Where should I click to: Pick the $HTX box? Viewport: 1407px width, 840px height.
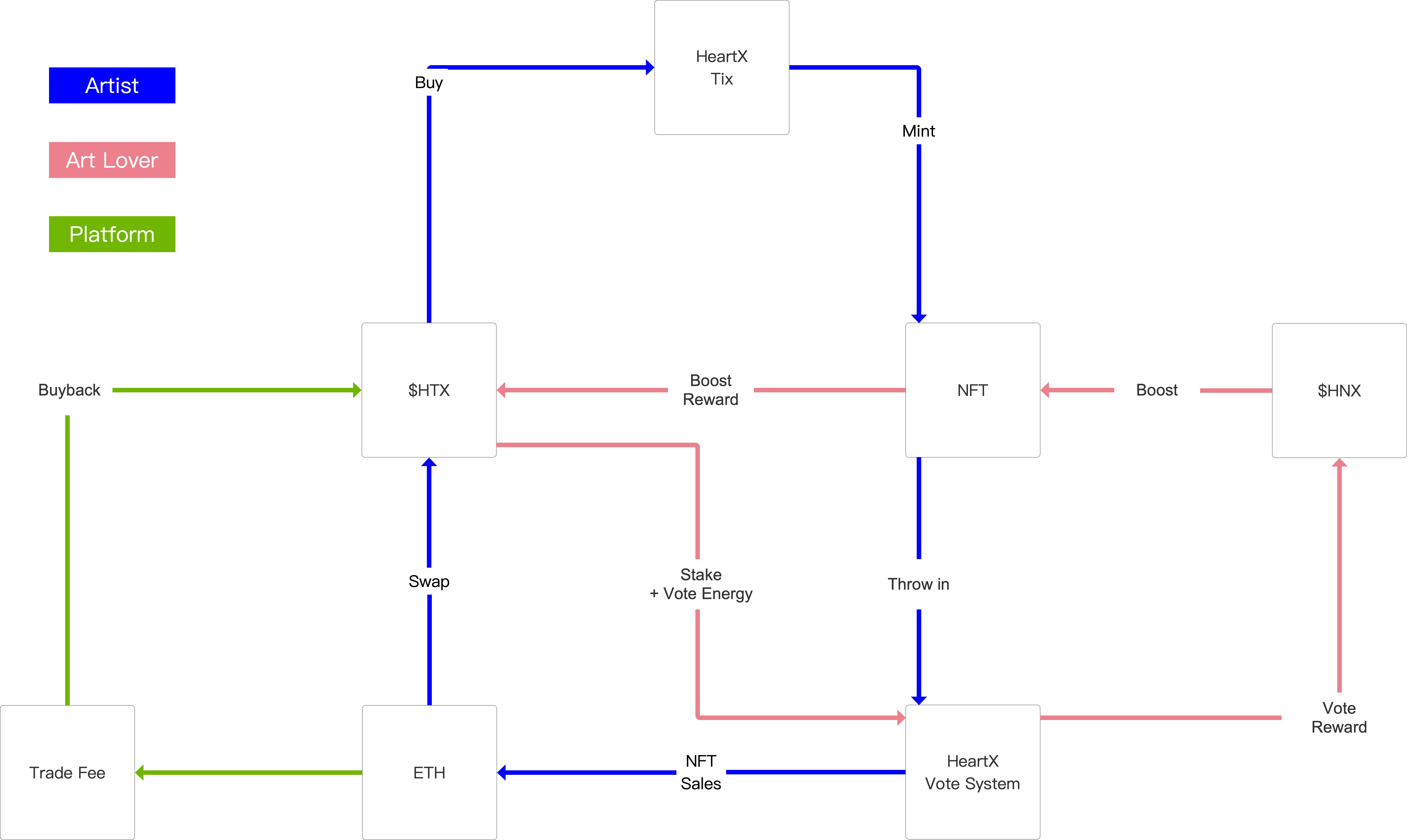coord(429,390)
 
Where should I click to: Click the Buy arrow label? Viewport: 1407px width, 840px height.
coord(429,83)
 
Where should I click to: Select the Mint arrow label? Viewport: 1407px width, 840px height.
coord(918,131)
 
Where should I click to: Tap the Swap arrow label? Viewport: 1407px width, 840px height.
coord(429,581)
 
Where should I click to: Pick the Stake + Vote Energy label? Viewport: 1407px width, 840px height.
coord(701,584)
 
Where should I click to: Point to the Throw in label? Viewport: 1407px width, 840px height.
coord(918,584)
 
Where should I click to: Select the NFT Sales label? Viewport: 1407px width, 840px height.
coord(701,772)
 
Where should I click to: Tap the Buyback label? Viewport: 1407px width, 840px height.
coord(69,390)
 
